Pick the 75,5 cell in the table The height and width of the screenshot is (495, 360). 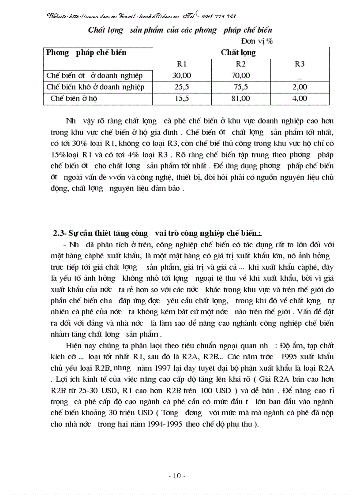click(x=240, y=87)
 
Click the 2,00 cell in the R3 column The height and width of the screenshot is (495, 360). click(x=300, y=87)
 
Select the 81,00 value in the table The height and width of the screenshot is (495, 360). click(x=240, y=99)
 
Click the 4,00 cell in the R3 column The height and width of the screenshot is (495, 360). click(x=300, y=99)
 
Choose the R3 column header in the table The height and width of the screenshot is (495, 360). click(x=300, y=64)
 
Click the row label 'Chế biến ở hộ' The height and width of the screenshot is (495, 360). click(x=74, y=99)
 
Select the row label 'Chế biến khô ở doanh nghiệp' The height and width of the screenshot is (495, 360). click(x=95, y=87)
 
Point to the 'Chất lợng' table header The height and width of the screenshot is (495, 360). click(x=238, y=52)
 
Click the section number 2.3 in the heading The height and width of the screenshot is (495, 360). click(x=59, y=233)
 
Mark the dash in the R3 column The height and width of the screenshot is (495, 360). click(x=300, y=78)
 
